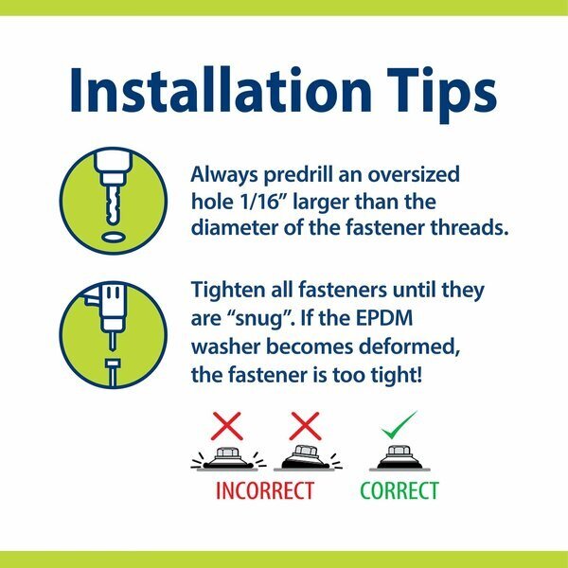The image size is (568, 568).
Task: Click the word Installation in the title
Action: pyautogui.click(x=221, y=90)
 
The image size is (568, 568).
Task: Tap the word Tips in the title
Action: pyautogui.click(x=442, y=95)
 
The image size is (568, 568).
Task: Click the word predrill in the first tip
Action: pyautogui.click(x=297, y=175)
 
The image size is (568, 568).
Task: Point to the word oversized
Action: pyautogui.click(x=414, y=174)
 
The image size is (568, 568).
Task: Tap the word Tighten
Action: pyautogui.click(x=228, y=292)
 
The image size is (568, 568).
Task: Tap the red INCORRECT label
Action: pyautogui.click(x=265, y=490)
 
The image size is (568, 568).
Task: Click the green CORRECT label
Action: pyautogui.click(x=399, y=490)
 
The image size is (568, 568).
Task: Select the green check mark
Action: pyautogui.click(x=399, y=424)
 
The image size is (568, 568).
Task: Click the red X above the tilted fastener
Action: pyautogui.click(x=305, y=426)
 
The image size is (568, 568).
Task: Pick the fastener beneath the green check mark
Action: pyautogui.click(x=399, y=457)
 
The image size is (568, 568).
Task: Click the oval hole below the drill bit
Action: pyautogui.click(x=113, y=237)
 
